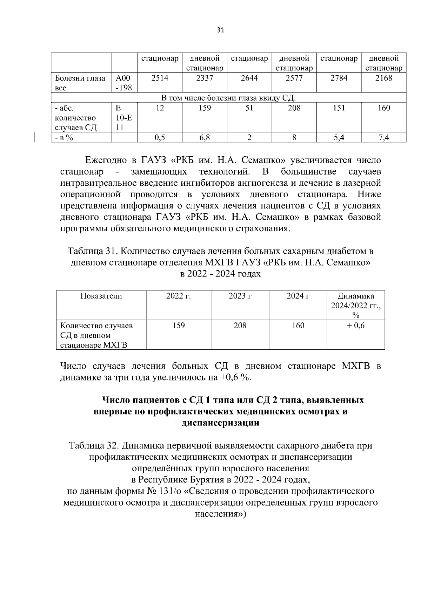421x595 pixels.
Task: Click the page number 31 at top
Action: click(x=220, y=30)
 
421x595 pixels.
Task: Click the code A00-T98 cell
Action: click(x=124, y=83)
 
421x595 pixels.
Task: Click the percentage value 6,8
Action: click(x=205, y=138)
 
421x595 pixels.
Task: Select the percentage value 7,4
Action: click(x=383, y=138)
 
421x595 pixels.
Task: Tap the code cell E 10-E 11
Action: click(x=124, y=118)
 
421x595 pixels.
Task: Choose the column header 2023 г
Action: click(x=240, y=296)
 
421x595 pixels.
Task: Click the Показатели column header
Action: click(x=101, y=296)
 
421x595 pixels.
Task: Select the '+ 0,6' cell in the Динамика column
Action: click(x=355, y=326)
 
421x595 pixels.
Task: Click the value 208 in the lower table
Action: click(x=240, y=326)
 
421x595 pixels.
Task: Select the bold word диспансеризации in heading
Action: click(x=220, y=423)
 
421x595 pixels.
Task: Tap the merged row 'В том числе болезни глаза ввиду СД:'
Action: click(x=228, y=97)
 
